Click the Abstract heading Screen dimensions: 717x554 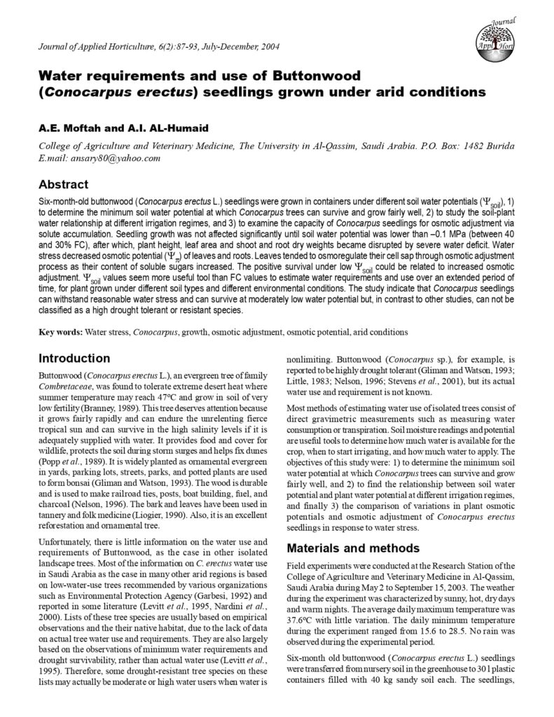tap(63, 185)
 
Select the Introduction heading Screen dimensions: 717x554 tap(74, 358)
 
